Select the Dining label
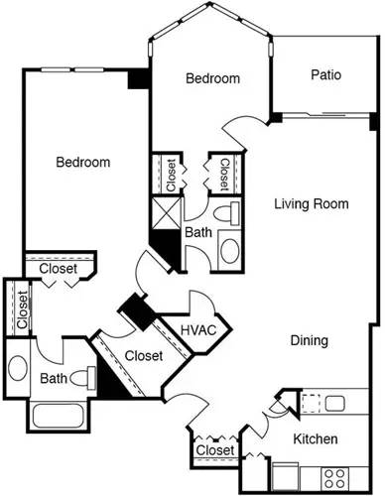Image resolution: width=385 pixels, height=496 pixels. (x=309, y=341)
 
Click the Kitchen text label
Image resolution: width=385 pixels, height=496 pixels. (x=315, y=439)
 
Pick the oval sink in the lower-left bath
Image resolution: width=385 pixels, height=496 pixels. (x=19, y=368)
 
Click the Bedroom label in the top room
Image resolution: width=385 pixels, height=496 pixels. (x=213, y=78)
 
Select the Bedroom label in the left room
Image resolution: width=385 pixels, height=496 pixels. (x=82, y=162)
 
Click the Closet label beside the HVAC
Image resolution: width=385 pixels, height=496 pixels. (x=145, y=355)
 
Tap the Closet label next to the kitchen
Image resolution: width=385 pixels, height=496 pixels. (x=215, y=451)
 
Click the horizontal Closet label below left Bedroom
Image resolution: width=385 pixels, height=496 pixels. (x=59, y=268)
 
